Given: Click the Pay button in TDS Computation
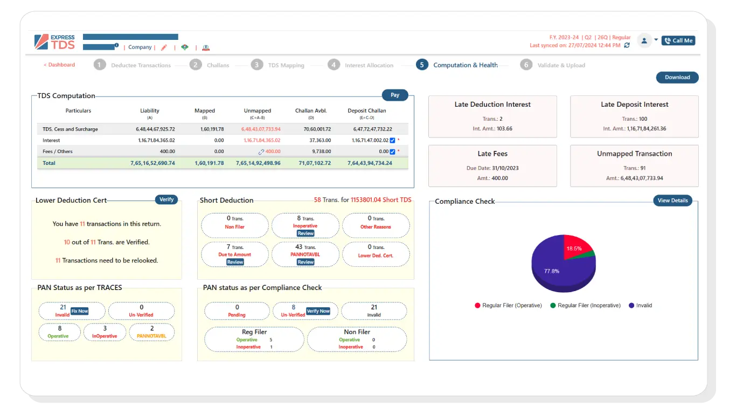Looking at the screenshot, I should click(x=395, y=95).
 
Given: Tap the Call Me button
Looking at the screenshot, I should click(x=678, y=40).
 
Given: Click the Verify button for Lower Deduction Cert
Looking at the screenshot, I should click(x=166, y=199).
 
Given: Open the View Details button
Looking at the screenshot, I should click(x=672, y=201).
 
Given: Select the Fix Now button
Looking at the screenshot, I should click(x=80, y=311).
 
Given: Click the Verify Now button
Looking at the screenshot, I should click(x=318, y=311).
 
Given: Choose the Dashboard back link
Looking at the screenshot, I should click(x=59, y=65).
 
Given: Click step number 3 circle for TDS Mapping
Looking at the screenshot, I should click(x=257, y=65).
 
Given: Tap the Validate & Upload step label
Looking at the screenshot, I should click(x=561, y=65).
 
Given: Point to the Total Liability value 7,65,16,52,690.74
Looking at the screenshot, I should click(x=152, y=163).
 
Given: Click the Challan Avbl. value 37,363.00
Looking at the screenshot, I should click(x=320, y=140).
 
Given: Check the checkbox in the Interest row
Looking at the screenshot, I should click(x=392, y=140).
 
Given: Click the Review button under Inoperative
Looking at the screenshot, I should click(x=305, y=233).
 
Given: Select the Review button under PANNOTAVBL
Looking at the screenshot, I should click(x=305, y=262).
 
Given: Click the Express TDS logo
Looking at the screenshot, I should click(x=54, y=42).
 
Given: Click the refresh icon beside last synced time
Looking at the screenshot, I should click(x=627, y=46).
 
